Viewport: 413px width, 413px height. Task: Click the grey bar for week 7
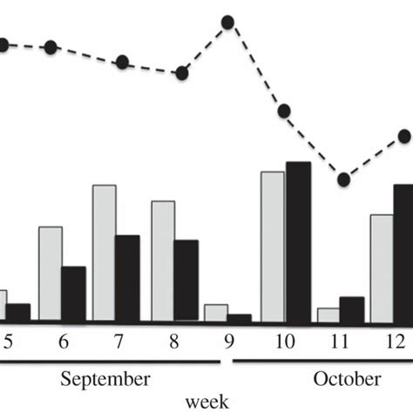[104, 253]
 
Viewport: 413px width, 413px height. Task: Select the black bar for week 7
[127, 278]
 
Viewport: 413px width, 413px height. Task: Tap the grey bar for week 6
[50, 274]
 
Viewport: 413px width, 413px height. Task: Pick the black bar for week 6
[73, 294]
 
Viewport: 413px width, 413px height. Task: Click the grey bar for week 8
[163, 261]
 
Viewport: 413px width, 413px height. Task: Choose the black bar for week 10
[298, 241]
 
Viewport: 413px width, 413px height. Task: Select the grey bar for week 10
[272, 247]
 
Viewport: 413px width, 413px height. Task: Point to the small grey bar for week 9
[215, 313]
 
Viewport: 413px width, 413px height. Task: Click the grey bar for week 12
[381, 267]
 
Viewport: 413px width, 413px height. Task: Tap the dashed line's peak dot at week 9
[227, 22]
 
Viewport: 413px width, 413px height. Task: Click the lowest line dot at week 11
[344, 179]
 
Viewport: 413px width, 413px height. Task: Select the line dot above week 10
[284, 111]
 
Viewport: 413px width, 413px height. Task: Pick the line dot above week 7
[123, 62]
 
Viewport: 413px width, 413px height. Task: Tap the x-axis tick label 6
[63, 343]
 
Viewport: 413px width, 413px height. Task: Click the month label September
[105, 379]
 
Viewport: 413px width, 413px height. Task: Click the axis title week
[206, 401]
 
